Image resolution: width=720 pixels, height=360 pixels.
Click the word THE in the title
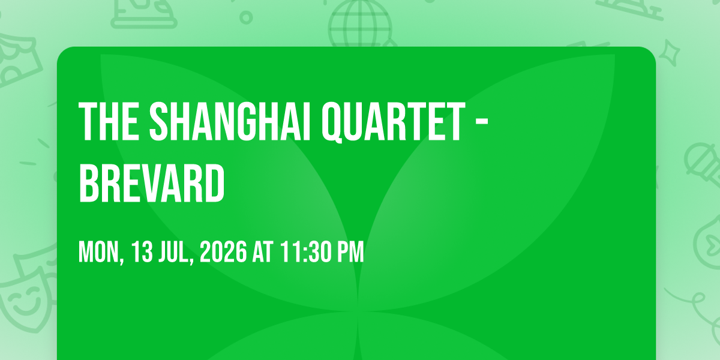[x=109, y=121]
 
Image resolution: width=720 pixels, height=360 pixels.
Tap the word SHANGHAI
[x=229, y=121]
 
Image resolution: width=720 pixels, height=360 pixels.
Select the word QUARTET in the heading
[x=394, y=123]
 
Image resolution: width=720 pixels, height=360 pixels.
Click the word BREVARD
[x=151, y=183]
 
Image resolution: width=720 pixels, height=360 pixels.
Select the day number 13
[x=142, y=253]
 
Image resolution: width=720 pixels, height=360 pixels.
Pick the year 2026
[x=223, y=253]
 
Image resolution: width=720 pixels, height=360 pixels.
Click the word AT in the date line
[x=263, y=253]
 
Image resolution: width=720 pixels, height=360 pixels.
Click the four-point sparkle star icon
[x=670, y=53]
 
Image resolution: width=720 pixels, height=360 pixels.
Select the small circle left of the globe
[x=246, y=17]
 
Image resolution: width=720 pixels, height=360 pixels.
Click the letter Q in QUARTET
[x=332, y=123]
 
